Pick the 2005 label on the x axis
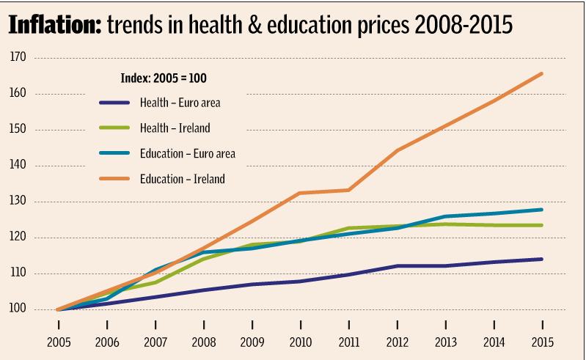pos(59,342)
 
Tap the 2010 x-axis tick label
pos(300,342)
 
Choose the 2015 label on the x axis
pos(542,342)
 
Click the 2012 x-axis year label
pos(397,342)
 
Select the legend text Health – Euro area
pos(180,103)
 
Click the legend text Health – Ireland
pos(175,128)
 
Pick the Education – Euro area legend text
pos(187,153)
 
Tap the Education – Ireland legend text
pos(182,178)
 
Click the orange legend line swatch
pos(114,178)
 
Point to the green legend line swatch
pos(114,128)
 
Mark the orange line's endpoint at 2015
pos(542,73)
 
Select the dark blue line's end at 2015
pos(542,259)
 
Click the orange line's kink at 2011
pos(348,190)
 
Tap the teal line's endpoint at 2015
pos(542,210)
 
